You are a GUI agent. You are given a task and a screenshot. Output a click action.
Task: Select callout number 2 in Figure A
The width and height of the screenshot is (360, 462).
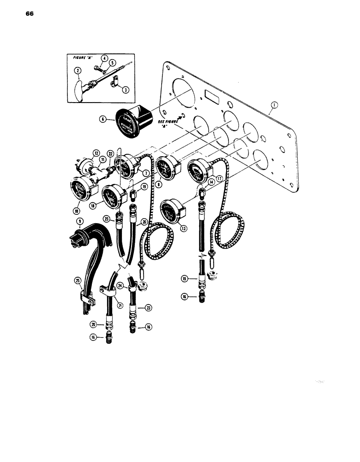pos(79,71)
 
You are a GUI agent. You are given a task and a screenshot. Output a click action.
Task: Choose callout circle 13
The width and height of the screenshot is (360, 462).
pos(184,227)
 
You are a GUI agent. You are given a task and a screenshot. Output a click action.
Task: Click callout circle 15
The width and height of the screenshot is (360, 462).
pos(186,279)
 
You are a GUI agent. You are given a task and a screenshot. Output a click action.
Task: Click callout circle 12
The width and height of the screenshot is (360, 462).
pos(96,153)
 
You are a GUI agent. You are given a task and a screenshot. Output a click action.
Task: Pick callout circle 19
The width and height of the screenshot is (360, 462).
pos(144,187)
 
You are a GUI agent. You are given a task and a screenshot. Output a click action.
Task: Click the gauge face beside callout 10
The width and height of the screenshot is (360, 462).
pos(82,190)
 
